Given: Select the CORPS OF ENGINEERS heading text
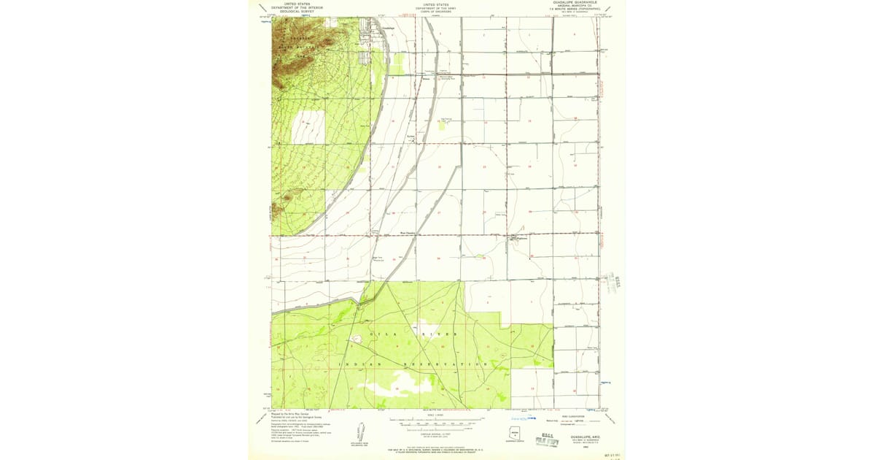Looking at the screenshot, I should coord(437,12).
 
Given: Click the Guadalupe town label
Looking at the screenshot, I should coord(389,28).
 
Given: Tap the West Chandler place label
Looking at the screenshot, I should coord(408,234).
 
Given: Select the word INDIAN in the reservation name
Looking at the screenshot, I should coord(357,364).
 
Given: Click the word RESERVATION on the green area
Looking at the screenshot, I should coord(445,364).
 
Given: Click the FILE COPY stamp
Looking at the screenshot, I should coord(547,441).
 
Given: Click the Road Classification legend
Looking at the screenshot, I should coord(576,419).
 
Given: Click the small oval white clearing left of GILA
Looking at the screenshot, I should coord(357,339).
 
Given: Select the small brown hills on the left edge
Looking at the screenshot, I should coord(287,197).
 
